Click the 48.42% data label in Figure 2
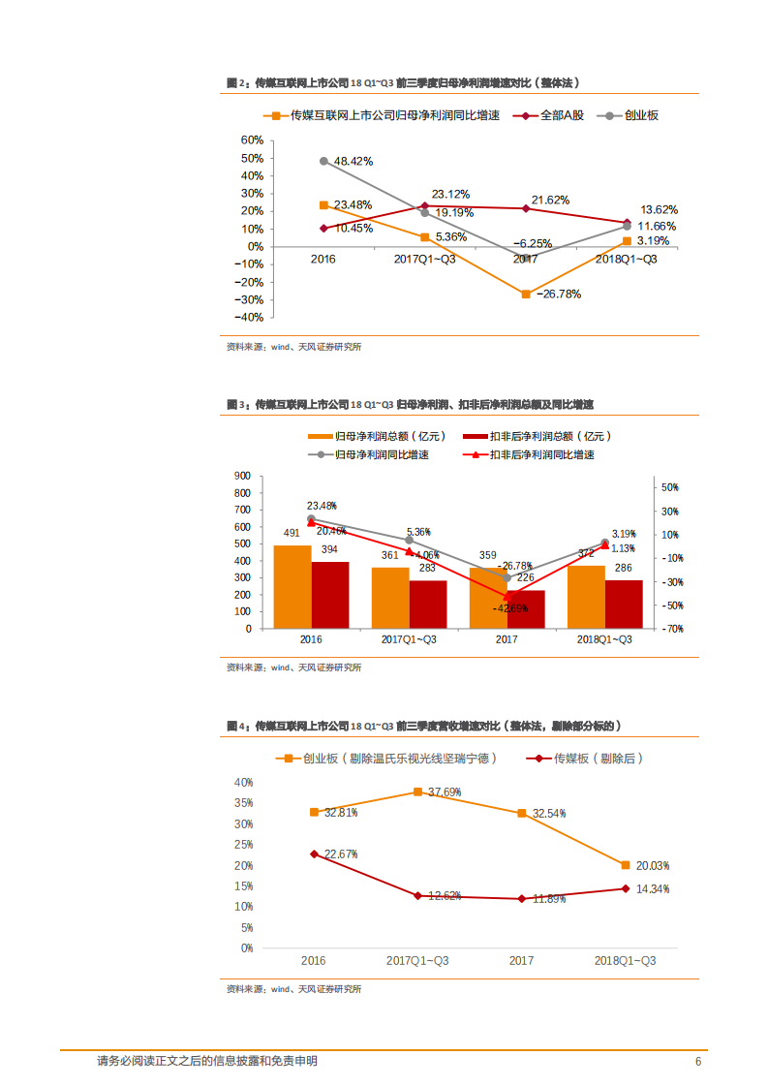(x=353, y=161)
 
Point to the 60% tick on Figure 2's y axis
(x=251, y=140)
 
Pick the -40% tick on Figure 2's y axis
(x=250, y=317)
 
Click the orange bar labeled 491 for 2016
(x=292, y=587)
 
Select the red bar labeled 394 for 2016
(x=329, y=595)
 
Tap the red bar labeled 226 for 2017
(x=526, y=609)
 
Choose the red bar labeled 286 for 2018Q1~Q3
(x=624, y=604)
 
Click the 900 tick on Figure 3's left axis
(x=242, y=476)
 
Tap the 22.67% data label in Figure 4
(x=341, y=854)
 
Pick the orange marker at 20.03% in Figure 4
(x=626, y=865)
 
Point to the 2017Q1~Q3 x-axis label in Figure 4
(x=417, y=961)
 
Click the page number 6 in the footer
(x=697, y=1062)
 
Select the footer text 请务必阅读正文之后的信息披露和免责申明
(x=207, y=1062)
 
